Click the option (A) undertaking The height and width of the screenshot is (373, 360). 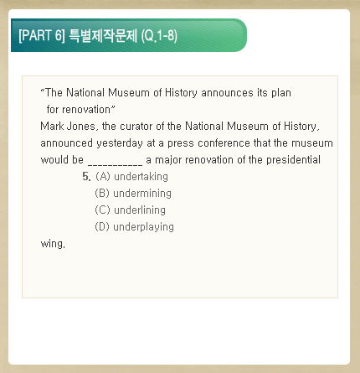pyautogui.click(x=131, y=177)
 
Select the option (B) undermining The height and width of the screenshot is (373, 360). pyautogui.click(x=133, y=194)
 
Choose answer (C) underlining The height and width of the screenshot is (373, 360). pyautogui.click(x=130, y=210)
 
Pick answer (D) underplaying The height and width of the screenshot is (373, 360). pyautogui.click(x=134, y=227)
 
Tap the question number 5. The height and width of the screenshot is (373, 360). pyautogui.click(x=86, y=177)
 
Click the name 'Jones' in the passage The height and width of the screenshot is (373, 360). pyautogui.click(x=83, y=127)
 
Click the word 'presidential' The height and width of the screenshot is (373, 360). pyautogui.click(x=293, y=160)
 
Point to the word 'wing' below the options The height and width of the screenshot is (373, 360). pyautogui.click(x=53, y=244)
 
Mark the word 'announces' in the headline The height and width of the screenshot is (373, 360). pyautogui.click(x=227, y=93)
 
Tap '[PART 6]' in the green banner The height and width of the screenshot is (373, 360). pyautogui.click(x=42, y=36)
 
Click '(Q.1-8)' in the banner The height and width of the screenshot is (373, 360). pyautogui.click(x=159, y=36)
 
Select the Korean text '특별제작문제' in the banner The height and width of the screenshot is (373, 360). pyautogui.click(x=103, y=36)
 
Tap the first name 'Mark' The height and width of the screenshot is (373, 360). pyautogui.click(x=52, y=127)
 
